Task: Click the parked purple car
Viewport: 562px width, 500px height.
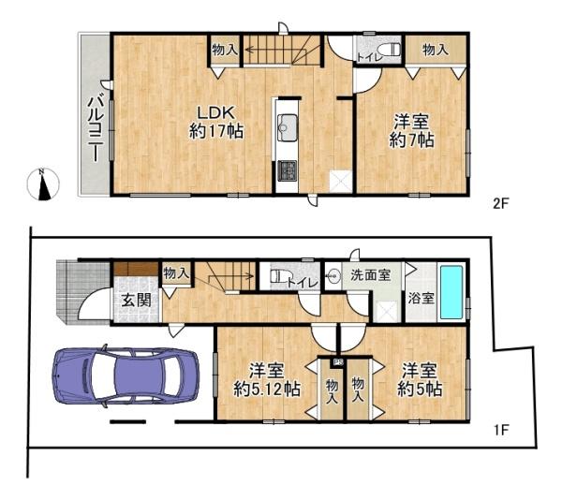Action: click(126, 375)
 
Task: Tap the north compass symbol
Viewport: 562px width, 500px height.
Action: click(43, 184)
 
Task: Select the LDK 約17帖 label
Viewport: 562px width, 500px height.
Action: click(216, 123)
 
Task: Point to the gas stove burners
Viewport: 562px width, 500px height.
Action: click(288, 170)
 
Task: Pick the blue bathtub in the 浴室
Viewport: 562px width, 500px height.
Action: click(452, 292)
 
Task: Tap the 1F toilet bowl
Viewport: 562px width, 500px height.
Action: click(279, 276)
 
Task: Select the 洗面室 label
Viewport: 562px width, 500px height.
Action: click(370, 275)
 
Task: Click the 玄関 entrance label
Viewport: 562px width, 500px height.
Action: click(136, 301)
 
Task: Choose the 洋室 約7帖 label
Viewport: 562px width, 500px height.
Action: click(411, 131)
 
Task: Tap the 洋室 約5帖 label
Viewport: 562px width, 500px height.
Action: click(420, 380)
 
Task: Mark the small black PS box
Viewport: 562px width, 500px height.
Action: click(338, 362)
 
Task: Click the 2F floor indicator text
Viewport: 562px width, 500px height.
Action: click(501, 204)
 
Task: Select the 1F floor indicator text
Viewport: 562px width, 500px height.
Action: click(501, 430)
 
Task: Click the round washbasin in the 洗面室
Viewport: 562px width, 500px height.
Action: click(333, 276)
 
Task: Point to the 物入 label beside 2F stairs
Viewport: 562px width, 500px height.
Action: click(225, 50)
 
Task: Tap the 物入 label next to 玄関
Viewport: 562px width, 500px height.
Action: click(176, 274)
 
